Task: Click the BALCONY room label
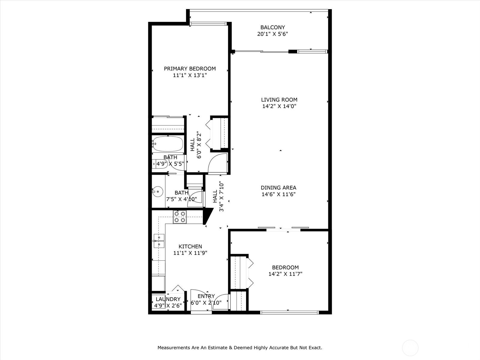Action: pos(272,27)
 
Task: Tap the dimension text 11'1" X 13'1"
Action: pos(190,75)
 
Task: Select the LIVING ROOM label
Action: pos(279,100)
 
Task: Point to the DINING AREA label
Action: pos(278,188)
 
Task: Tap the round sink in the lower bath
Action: pos(157,191)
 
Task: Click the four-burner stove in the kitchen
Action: pos(180,217)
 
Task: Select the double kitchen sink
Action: pos(159,241)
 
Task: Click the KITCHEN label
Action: pos(190,247)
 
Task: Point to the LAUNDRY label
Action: pos(168,299)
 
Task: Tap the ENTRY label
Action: pos(206,296)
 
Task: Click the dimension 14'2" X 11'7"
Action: pos(285,274)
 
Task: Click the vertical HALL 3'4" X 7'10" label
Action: pos(218,196)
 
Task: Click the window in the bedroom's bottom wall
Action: pos(289,313)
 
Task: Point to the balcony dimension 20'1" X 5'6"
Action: pos(272,34)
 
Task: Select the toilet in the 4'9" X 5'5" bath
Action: pos(159,164)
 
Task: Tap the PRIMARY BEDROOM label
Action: pos(190,69)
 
